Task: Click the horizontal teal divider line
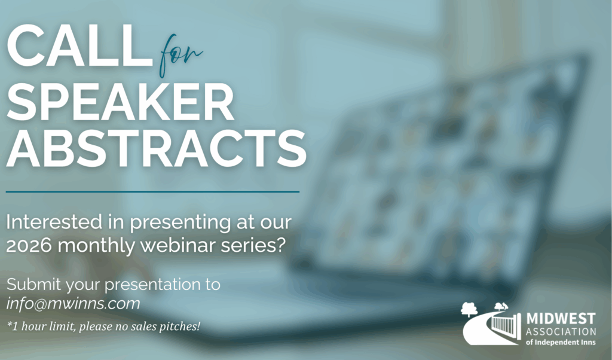coord(152,192)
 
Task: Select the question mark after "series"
coord(279,246)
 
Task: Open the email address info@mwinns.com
coord(74,303)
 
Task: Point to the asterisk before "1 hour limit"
coord(10,325)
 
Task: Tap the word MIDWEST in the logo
coord(561,318)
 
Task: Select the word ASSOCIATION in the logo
coord(561,331)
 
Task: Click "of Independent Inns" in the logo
coord(561,342)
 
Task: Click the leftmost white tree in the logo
coord(470,309)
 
